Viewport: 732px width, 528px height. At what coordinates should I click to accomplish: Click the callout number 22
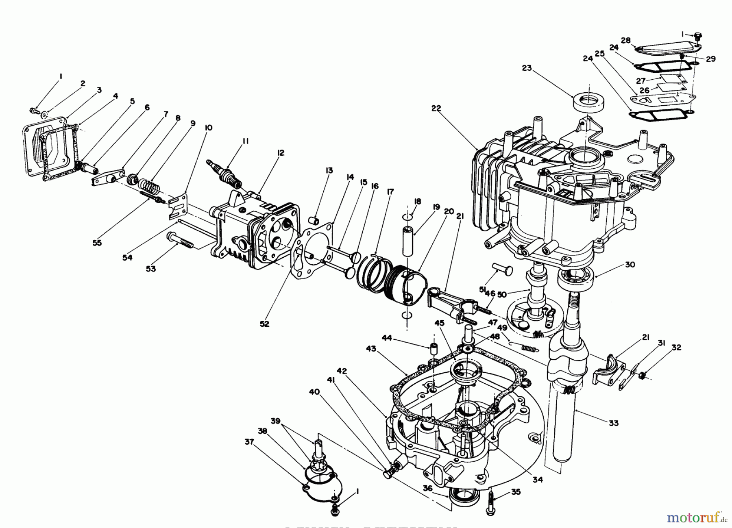[x=437, y=109]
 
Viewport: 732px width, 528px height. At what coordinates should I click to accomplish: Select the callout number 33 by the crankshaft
[x=613, y=423]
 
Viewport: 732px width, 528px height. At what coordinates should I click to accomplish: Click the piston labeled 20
[x=407, y=285]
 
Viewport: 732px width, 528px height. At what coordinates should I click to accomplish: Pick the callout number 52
[x=264, y=324]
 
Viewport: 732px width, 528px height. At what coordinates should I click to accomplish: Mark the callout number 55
[x=97, y=243]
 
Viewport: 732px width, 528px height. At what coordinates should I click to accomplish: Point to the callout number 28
[x=625, y=40]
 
